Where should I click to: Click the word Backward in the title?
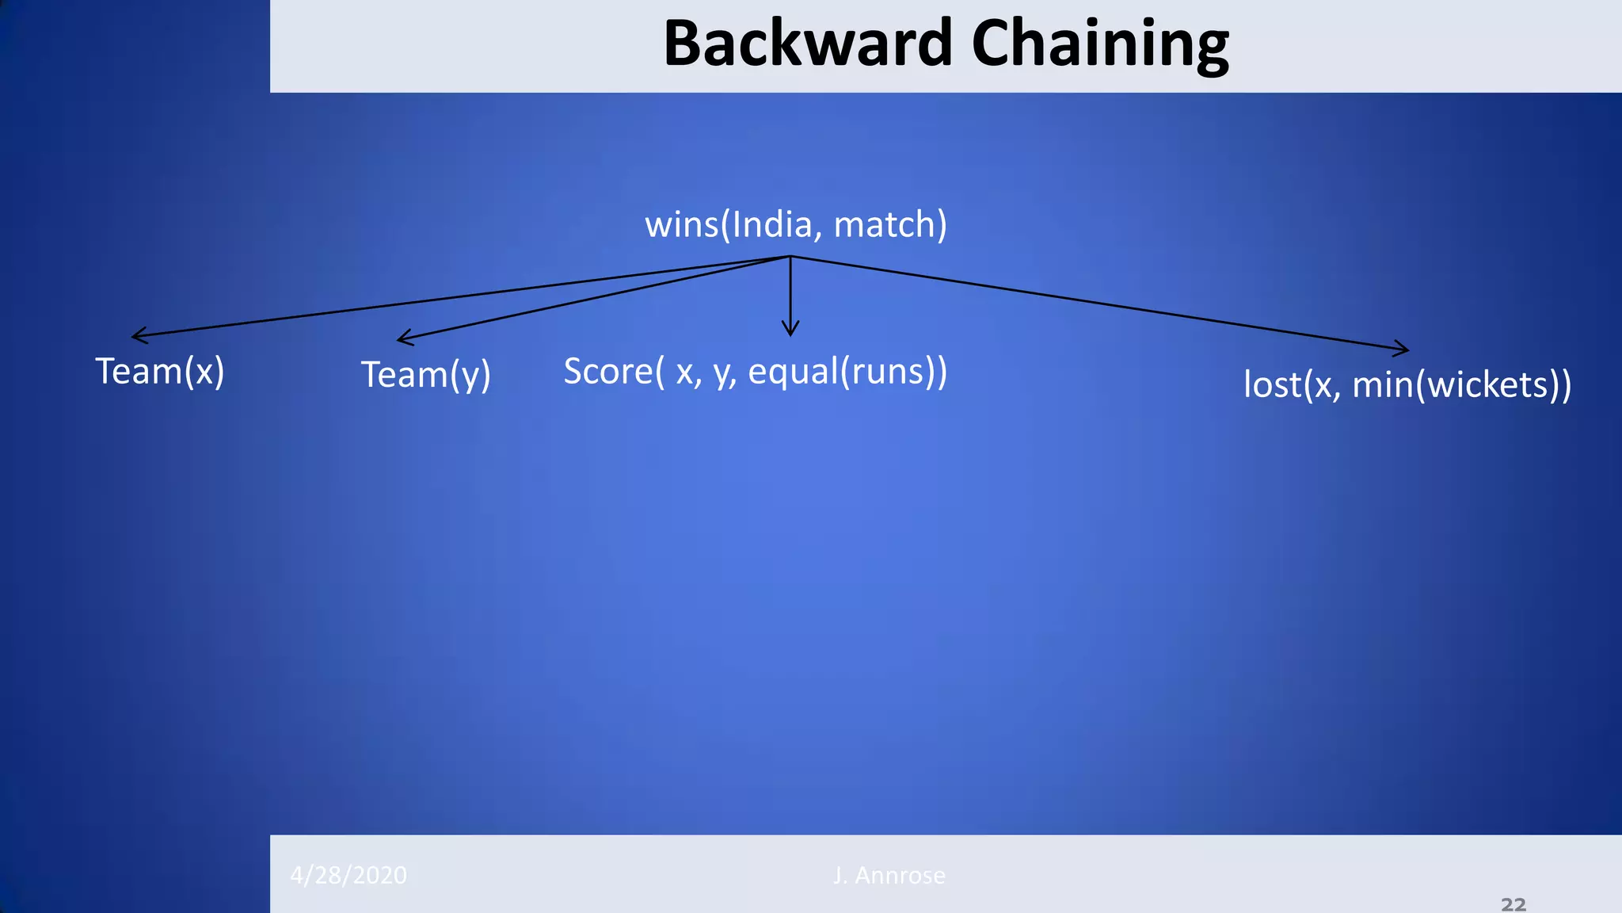pyautogui.click(x=807, y=44)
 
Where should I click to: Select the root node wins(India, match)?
pyautogui.click(x=795, y=225)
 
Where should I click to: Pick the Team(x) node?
pyautogui.click(x=160, y=372)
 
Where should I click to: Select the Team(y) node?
pyautogui.click(x=426, y=375)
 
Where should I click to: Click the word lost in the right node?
pyautogui.click(x=1272, y=385)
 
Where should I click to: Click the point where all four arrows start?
pyautogui.click(x=790, y=256)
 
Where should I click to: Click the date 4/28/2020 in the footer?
pyautogui.click(x=348, y=875)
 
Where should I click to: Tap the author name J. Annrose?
pyautogui.click(x=889, y=875)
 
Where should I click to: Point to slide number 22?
pyautogui.click(x=1513, y=904)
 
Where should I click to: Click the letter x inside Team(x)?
pyautogui.click(x=204, y=372)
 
